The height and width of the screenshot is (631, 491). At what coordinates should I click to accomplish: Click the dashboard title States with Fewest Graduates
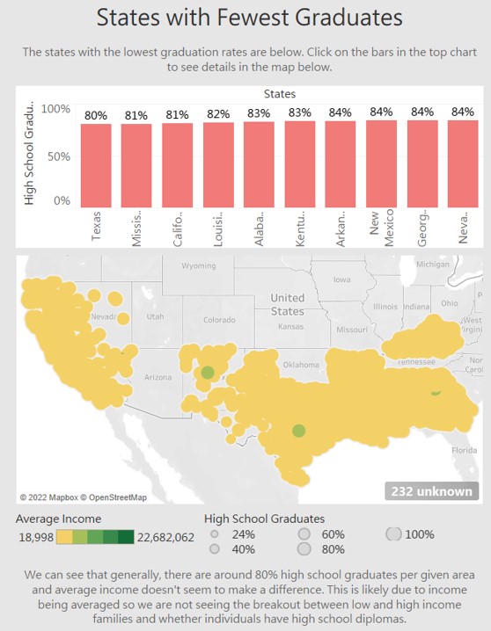[248, 18]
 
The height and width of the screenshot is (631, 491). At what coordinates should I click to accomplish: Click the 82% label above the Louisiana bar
[218, 114]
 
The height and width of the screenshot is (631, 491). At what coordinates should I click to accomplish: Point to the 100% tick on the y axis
[55, 108]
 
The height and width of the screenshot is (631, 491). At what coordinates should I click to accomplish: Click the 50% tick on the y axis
[59, 155]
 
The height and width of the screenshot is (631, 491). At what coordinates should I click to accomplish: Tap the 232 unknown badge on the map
[432, 491]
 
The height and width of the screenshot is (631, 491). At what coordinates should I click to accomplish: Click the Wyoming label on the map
[198, 265]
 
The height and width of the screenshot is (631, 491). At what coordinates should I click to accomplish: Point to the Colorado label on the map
[219, 320]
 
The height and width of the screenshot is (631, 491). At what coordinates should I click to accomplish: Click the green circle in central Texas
[298, 431]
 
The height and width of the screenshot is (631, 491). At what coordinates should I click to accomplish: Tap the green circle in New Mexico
[207, 373]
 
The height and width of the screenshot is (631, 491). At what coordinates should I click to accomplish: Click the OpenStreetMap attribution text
[113, 497]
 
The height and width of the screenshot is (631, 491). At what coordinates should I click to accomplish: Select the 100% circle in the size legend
[394, 534]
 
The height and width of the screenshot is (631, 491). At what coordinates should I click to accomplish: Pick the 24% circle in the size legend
[215, 534]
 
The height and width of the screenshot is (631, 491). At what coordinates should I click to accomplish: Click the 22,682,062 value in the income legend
[164, 537]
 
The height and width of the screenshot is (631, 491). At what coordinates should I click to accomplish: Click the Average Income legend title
[58, 519]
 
